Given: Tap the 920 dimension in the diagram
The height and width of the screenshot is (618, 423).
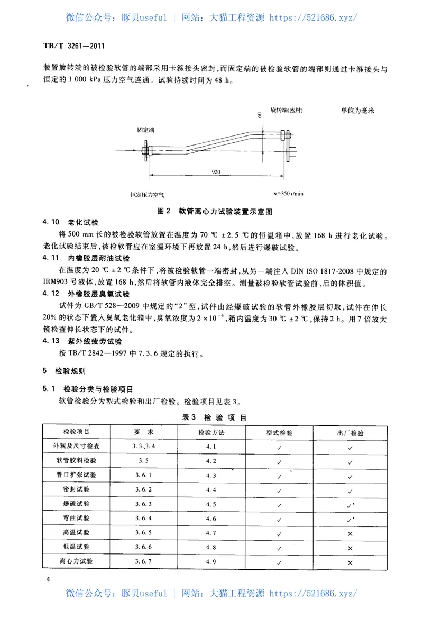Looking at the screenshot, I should point(216,172).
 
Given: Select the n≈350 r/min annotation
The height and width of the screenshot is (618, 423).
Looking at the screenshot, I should point(286,193).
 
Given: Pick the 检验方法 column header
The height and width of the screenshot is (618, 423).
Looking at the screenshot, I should point(212,432).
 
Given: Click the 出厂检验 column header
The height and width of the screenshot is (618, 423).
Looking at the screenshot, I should point(350,432).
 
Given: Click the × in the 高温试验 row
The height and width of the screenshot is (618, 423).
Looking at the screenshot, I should point(350,532).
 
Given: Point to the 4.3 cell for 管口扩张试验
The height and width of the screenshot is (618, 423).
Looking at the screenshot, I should point(212,475).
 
